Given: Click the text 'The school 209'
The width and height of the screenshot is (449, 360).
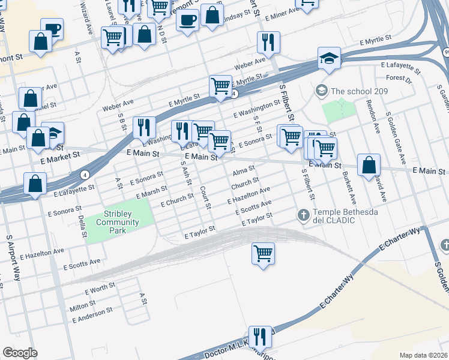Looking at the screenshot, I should [359, 91].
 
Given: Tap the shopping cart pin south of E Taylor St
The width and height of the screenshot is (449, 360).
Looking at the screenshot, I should [263, 253].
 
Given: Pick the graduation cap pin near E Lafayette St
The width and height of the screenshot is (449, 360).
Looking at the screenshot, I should [329, 59].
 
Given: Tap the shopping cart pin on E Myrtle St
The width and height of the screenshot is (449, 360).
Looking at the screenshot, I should [220, 85].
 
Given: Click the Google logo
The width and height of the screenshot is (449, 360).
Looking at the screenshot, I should [20, 353].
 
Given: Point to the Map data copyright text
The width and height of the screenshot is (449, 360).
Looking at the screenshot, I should [423, 355].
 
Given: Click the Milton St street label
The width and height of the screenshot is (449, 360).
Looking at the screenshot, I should [82, 307].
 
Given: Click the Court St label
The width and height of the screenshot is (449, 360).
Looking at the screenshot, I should [206, 197].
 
